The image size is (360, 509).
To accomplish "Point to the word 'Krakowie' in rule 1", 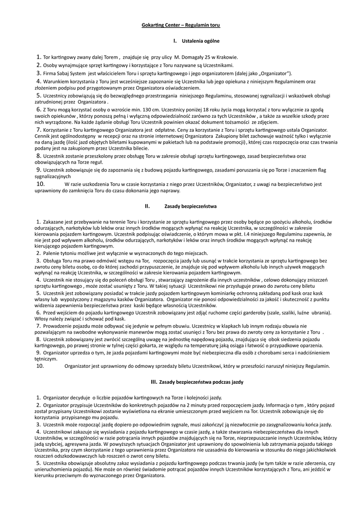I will coord(227,57).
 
